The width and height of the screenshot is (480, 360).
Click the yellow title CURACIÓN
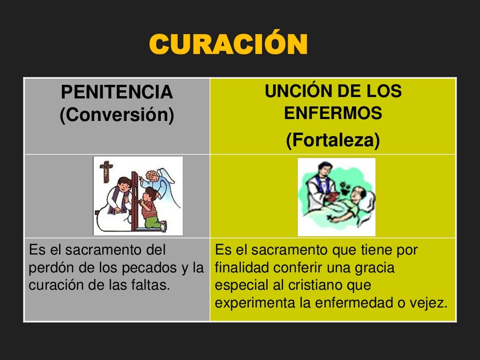(228, 45)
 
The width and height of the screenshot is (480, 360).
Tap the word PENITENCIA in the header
(117, 93)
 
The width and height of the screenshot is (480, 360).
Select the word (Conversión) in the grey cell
(117, 115)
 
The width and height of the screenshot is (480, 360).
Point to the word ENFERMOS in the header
(333, 113)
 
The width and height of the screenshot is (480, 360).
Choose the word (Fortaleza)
(333, 141)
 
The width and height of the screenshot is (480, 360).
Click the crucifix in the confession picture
(107, 172)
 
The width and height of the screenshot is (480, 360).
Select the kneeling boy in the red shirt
(152, 209)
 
